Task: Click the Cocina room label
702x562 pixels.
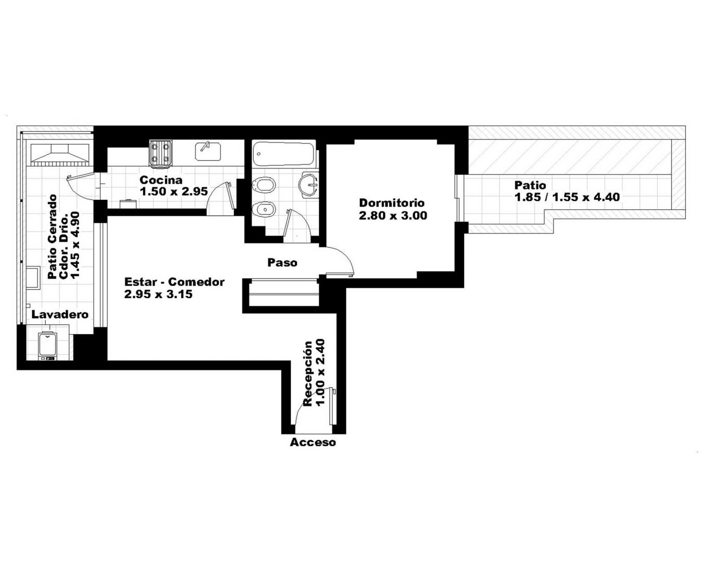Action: pyautogui.click(x=161, y=180)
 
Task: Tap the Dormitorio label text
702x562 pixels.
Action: pyautogui.click(x=392, y=203)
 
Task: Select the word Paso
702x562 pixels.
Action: pyautogui.click(x=282, y=263)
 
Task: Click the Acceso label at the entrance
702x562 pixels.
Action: pyautogui.click(x=313, y=442)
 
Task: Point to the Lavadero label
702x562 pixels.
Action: pyautogui.click(x=60, y=314)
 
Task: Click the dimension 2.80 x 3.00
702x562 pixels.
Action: pyautogui.click(x=393, y=215)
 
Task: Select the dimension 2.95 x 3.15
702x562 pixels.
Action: pyautogui.click(x=158, y=294)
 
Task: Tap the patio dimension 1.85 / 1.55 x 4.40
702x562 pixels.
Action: pyautogui.click(x=567, y=197)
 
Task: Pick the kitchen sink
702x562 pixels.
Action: pyautogui.click(x=208, y=151)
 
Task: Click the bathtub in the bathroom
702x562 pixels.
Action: pyautogui.click(x=284, y=153)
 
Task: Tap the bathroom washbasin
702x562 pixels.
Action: pyautogui.click(x=308, y=185)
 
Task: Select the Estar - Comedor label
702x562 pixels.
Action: pyautogui.click(x=175, y=282)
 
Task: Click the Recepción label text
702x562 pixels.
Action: pyautogui.click(x=308, y=374)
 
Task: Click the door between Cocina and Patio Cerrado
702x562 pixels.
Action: pyautogui.click(x=82, y=187)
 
